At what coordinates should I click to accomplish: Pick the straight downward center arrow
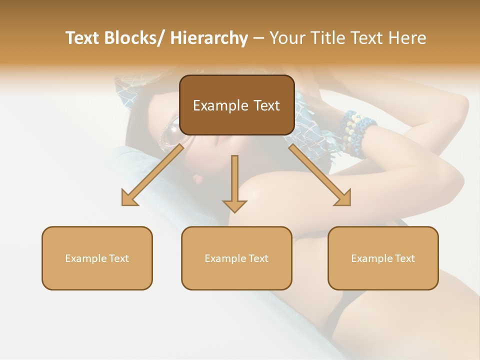[234, 183]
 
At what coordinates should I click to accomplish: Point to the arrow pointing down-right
[320, 175]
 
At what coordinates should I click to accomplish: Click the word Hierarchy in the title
[209, 38]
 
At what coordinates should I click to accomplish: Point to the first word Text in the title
[82, 38]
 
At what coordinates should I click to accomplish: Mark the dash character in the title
[258, 38]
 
